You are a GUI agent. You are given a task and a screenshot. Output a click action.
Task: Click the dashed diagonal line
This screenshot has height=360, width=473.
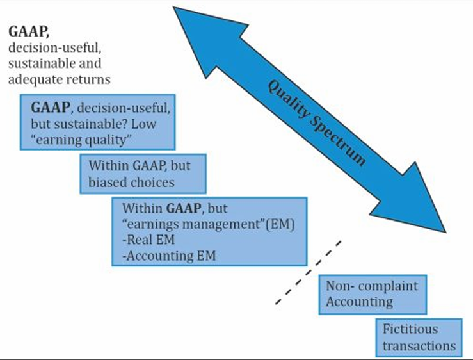tap(309, 272)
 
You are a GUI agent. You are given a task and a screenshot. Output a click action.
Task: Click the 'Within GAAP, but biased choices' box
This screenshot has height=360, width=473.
tap(143, 173)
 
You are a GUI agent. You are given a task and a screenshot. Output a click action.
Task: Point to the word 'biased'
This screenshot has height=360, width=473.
tap(108, 182)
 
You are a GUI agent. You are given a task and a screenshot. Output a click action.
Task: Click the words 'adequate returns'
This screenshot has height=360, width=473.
tap(60, 80)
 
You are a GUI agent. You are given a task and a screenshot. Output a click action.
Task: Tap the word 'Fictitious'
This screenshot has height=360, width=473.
tap(410, 329)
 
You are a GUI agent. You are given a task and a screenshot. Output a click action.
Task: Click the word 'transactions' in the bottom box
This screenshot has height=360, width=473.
tap(419, 346)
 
